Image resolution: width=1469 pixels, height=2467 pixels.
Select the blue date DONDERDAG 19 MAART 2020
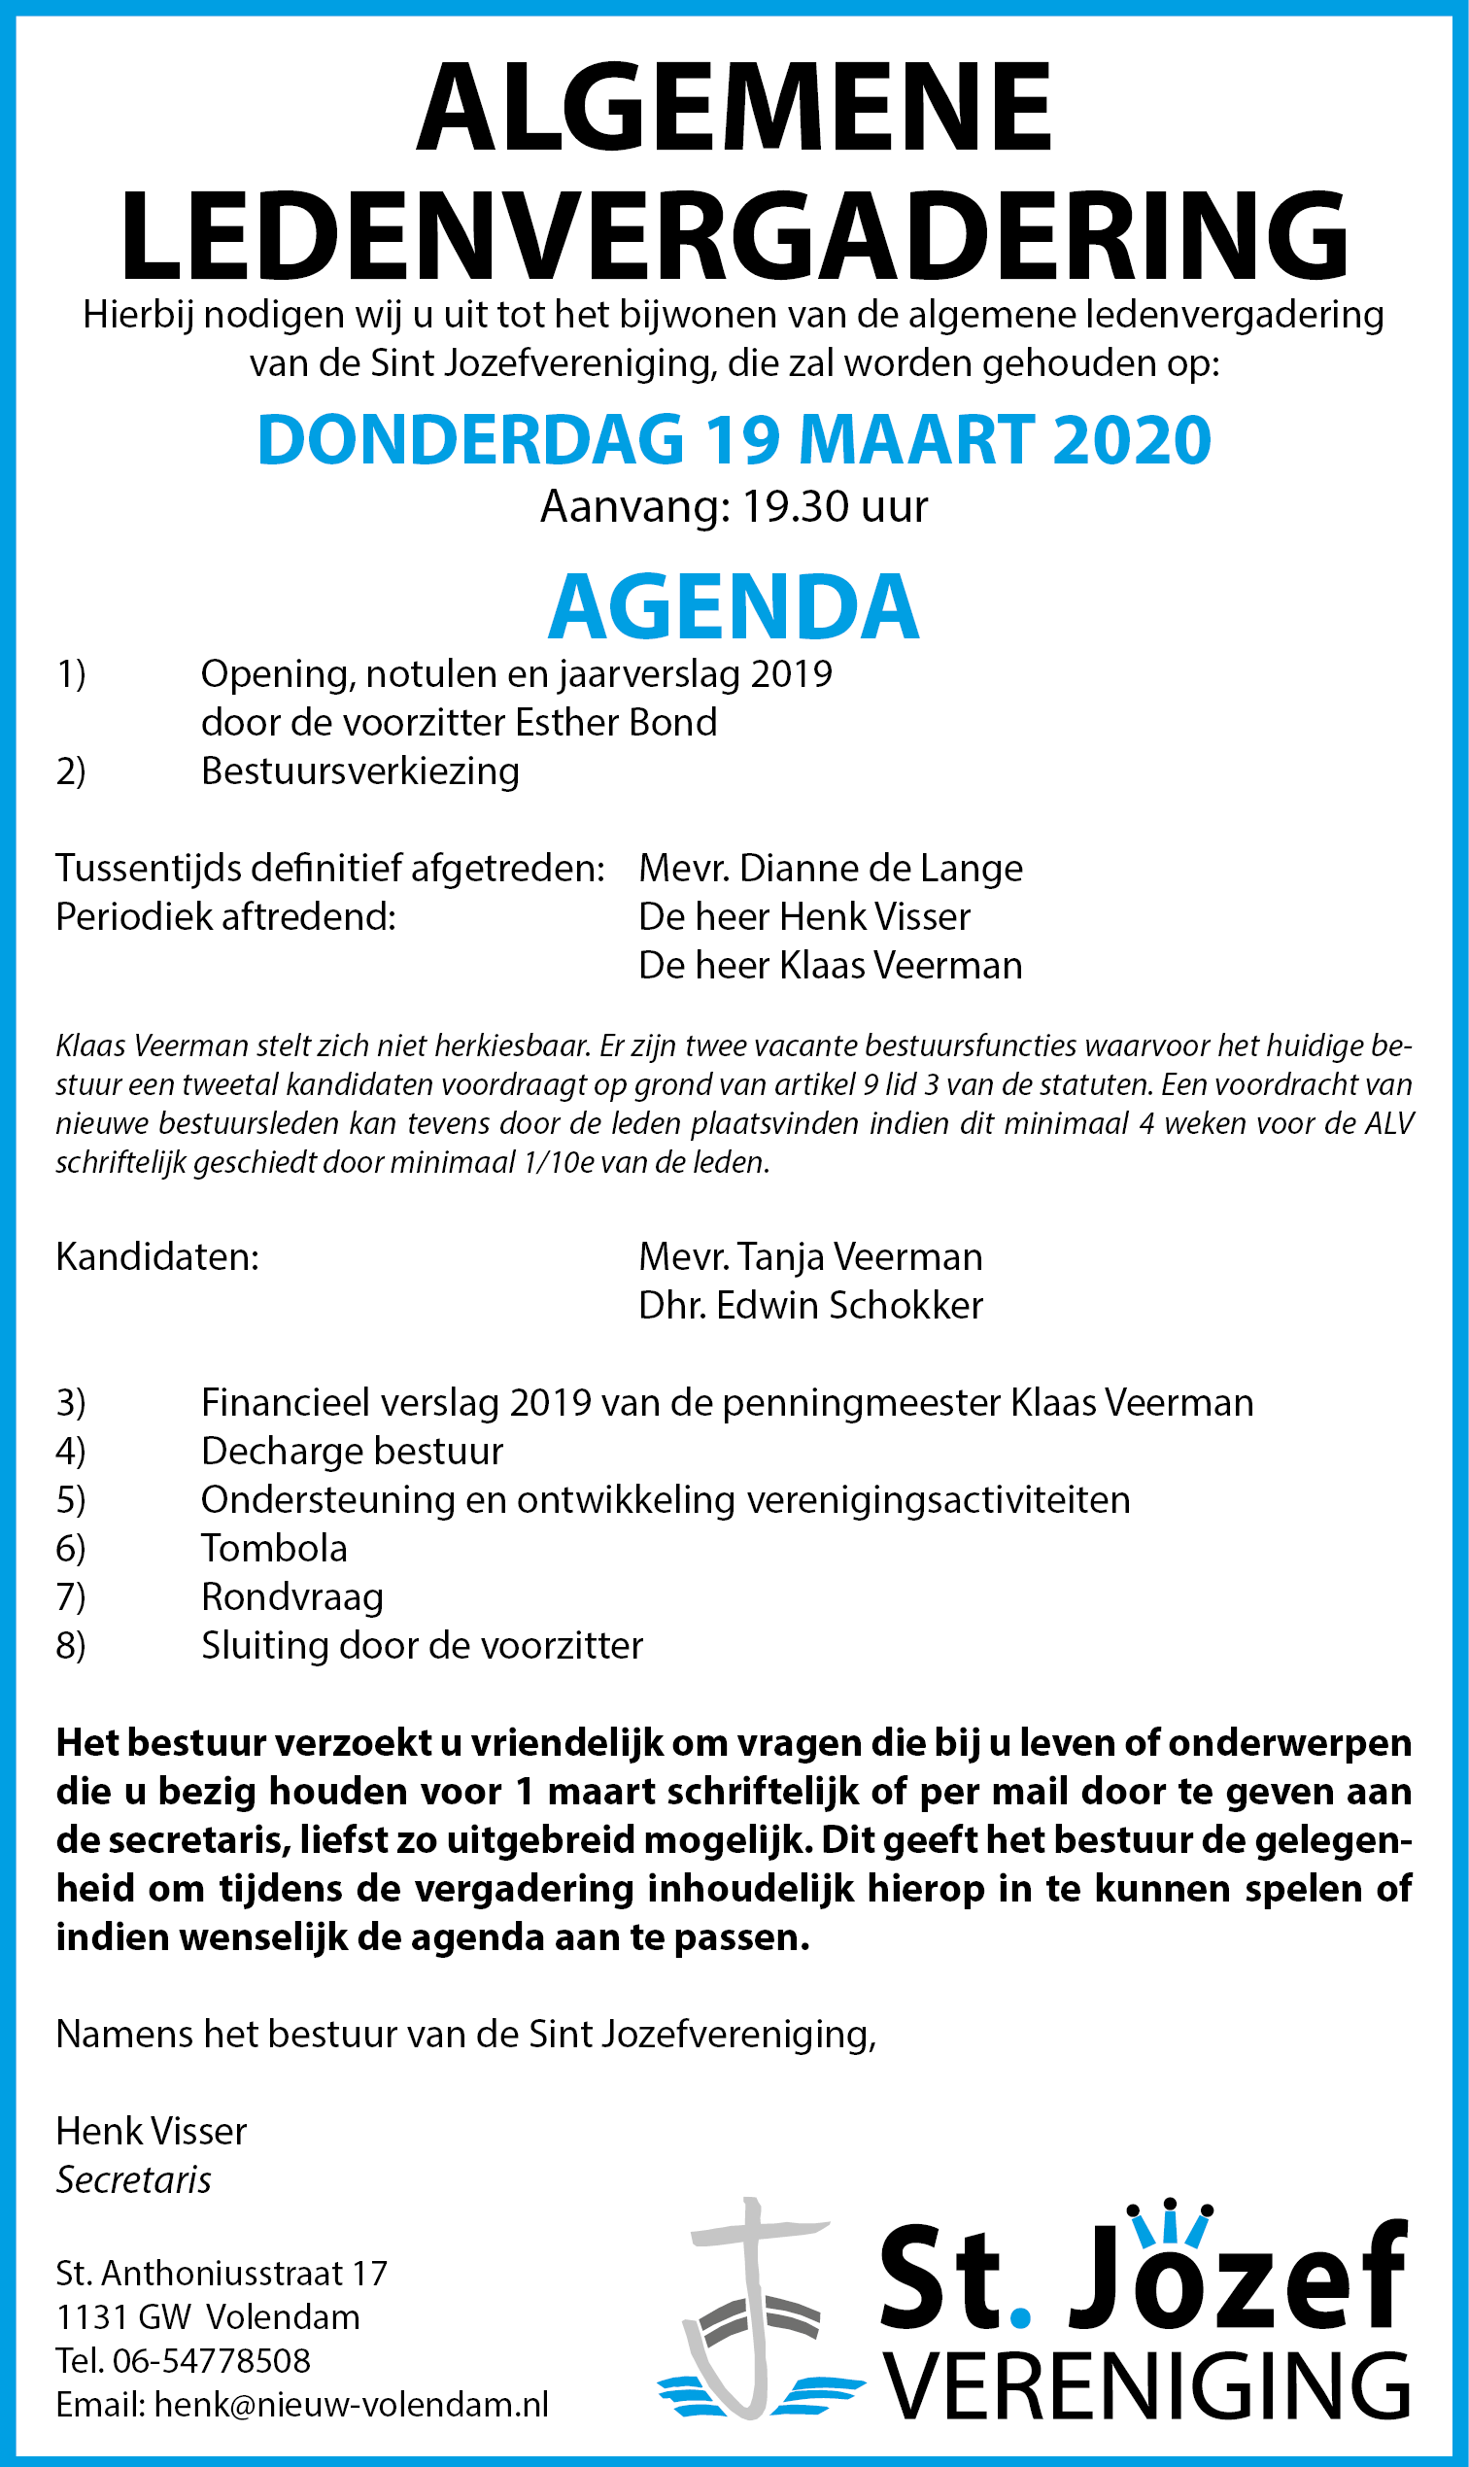[734, 439]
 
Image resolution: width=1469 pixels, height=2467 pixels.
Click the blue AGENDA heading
[734, 607]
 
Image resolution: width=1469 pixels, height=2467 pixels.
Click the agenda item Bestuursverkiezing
[360, 771]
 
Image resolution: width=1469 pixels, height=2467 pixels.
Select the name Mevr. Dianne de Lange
[831, 869]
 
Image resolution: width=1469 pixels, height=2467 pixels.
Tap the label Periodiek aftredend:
[225, 916]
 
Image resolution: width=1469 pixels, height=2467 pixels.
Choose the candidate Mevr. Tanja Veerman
[810, 1257]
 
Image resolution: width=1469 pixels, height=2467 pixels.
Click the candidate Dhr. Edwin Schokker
[810, 1306]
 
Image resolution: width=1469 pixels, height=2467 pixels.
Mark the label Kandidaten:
[157, 1257]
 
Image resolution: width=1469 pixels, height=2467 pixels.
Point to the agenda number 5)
[70, 1500]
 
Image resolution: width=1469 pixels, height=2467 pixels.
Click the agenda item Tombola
[274, 1548]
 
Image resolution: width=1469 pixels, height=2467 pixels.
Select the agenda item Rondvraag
[292, 1596]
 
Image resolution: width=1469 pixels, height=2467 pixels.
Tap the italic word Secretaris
[134, 2180]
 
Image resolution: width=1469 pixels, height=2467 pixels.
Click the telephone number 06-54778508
[212, 2361]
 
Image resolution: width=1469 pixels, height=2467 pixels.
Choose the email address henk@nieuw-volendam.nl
[352, 2405]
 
